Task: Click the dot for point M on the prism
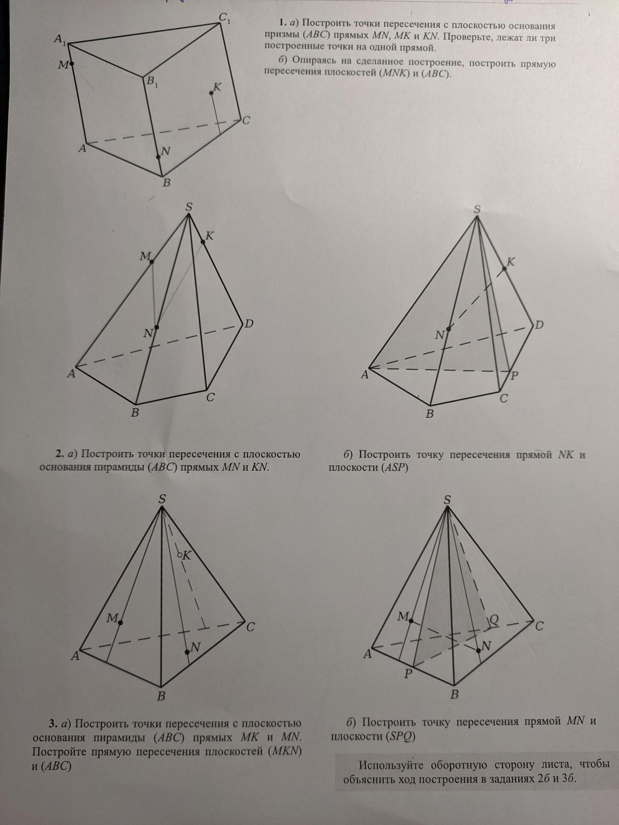coord(72,64)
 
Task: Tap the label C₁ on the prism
coord(224,18)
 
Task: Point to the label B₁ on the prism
coord(151,82)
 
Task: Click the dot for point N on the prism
coord(158,157)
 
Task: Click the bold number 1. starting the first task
coord(283,22)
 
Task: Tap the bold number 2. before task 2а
coord(59,454)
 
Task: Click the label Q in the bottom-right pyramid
coord(494,620)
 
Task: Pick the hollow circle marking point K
coord(180,556)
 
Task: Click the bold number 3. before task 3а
coord(52,723)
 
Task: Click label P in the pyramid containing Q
coord(409,674)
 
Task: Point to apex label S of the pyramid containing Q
coord(447,500)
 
